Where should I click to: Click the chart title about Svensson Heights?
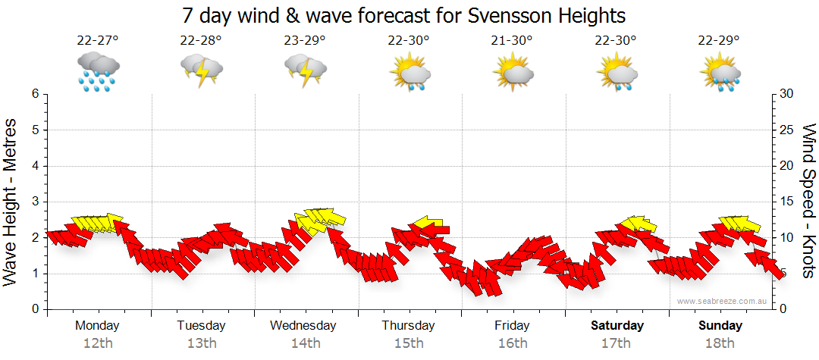[x=404, y=15]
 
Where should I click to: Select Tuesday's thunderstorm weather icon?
[x=201, y=70]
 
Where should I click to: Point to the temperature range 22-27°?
[x=98, y=41]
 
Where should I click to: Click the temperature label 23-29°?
[x=305, y=41]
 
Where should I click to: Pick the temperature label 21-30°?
[x=513, y=41]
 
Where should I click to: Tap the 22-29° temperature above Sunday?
[x=720, y=41]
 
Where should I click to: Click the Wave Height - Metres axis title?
[x=11, y=202]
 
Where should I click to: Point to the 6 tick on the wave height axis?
[x=35, y=94]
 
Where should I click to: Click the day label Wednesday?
[x=303, y=326]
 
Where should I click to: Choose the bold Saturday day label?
[x=617, y=326]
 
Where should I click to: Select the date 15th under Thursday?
[x=409, y=343]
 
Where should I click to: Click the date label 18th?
[x=720, y=343]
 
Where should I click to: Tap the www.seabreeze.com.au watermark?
[x=722, y=301]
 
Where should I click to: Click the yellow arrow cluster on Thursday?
[x=429, y=225]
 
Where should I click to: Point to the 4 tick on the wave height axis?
[x=35, y=166]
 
